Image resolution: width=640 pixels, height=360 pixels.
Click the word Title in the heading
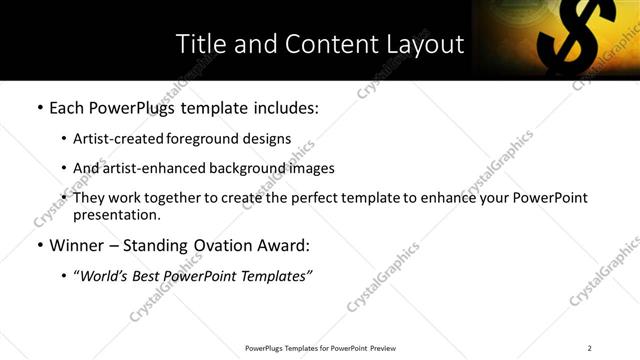coord(200,44)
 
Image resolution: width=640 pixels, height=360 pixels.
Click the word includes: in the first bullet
coord(282,107)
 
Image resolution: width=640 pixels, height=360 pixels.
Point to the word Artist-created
coord(114,139)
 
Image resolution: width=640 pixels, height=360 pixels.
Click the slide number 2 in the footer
coord(590,348)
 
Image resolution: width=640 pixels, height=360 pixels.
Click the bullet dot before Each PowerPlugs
coord(39,108)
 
